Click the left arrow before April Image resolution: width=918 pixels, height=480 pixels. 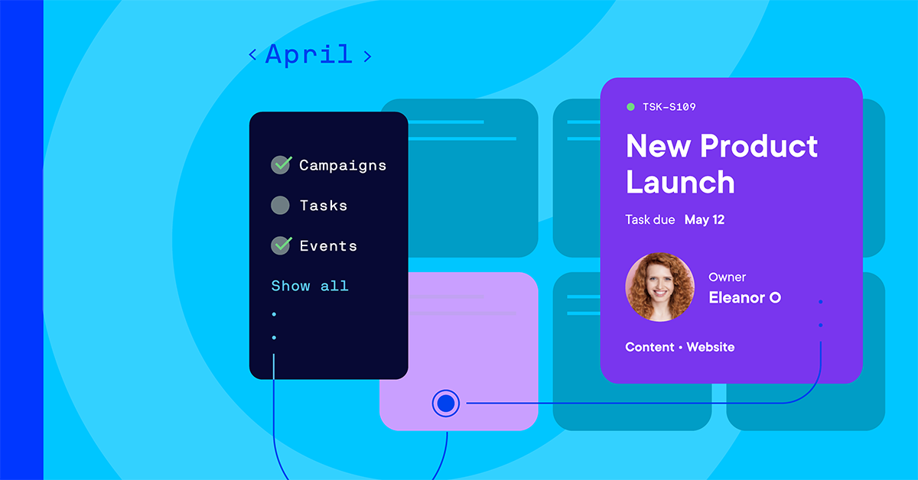point(252,55)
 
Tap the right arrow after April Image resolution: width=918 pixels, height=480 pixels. point(367,55)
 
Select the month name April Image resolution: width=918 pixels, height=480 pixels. point(309,54)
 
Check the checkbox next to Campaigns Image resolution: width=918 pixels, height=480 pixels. point(281,164)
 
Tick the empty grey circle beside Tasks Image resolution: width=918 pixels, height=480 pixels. point(281,205)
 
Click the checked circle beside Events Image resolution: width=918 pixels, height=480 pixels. point(281,245)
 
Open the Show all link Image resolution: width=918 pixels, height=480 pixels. point(310,286)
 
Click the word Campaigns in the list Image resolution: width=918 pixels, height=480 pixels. point(343,165)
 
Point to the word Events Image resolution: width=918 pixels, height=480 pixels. point(328,246)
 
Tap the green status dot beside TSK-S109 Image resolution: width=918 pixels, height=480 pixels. point(630,107)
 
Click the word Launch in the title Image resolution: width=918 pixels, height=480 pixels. point(680,183)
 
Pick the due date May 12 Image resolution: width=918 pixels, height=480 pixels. point(705,220)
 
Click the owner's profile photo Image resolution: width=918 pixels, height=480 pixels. point(659,287)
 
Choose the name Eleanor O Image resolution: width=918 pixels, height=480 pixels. point(744,298)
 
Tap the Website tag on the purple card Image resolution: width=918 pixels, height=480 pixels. point(710,347)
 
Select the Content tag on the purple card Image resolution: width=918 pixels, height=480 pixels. point(649,347)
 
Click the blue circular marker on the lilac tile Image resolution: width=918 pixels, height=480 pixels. point(446,403)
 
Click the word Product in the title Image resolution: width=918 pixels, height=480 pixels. point(759,146)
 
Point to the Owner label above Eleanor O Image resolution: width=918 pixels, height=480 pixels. point(727,277)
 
